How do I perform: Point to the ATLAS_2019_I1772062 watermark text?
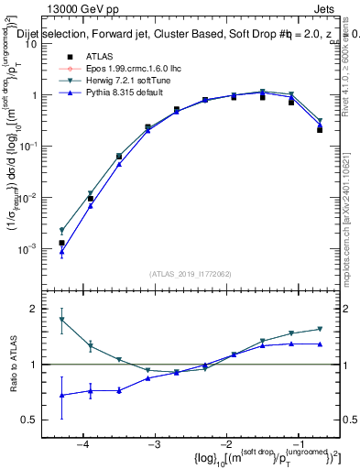click(x=191, y=274)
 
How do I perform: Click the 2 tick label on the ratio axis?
click(x=39, y=309)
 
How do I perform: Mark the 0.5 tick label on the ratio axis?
click(x=35, y=420)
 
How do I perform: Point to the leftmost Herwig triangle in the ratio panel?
click(x=61, y=320)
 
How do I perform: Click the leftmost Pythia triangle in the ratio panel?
click(x=61, y=396)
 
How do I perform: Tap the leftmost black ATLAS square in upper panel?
click(x=61, y=243)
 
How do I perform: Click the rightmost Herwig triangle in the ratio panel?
click(x=320, y=329)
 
